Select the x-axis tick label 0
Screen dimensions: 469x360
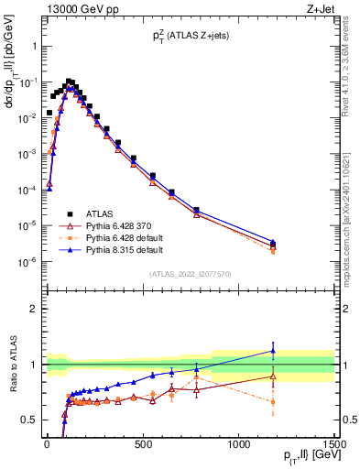tap(47, 446)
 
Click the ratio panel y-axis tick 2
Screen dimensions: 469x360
tap(34, 309)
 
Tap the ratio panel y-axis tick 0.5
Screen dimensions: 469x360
tap(29, 420)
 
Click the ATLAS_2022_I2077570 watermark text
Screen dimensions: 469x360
tap(190, 274)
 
